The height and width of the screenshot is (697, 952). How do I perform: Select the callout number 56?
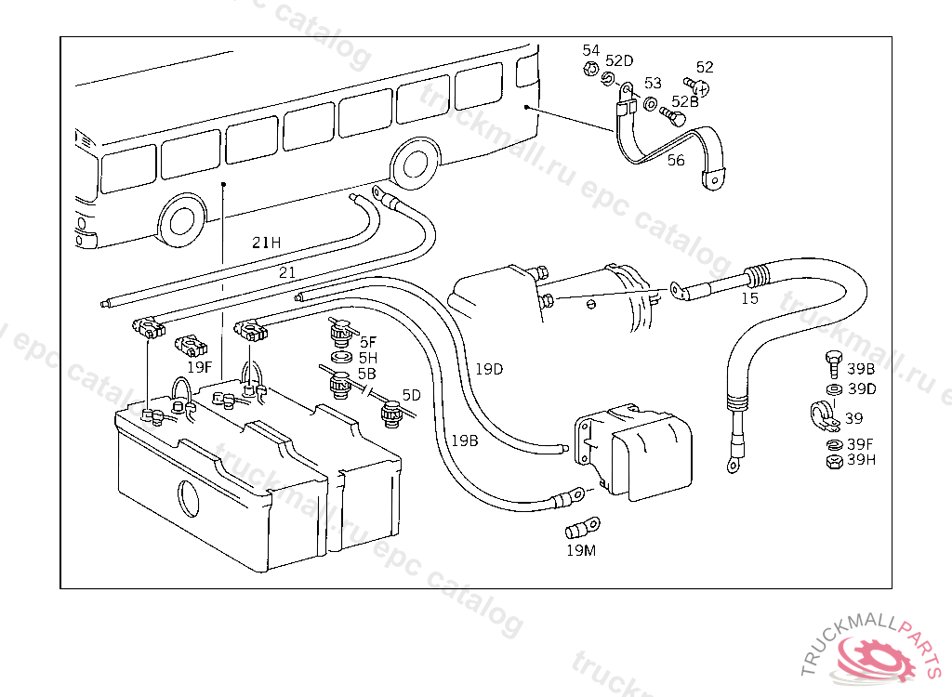coord(676,161)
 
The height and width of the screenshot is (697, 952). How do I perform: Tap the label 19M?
coord(580,550)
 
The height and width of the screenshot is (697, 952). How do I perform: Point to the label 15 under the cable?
coord(749,299)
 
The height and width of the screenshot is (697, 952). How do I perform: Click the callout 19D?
coord(488,369)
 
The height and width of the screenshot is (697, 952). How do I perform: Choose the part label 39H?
coord(861,459)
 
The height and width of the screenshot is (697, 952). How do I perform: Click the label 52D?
coord(619,61)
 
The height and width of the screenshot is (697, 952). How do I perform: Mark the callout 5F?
coord(368,342)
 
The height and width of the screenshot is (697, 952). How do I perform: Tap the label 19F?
coord(200,367)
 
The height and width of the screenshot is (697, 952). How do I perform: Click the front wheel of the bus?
coord(181,222)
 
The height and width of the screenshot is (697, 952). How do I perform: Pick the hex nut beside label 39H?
coord(834,460)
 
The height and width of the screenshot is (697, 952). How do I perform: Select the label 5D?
coord(411,395)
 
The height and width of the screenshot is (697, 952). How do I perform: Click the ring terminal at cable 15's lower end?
coord(731,460)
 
